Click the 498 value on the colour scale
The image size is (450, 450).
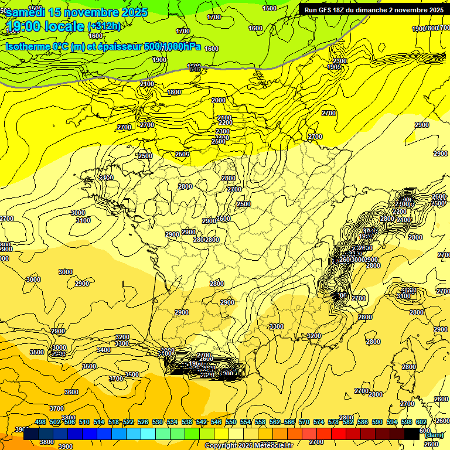(x=40, y=422)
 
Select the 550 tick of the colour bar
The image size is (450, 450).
(x=231, y=422)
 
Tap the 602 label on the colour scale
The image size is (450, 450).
(x=421, y=422)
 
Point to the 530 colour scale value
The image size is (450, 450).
(x=158, y=422)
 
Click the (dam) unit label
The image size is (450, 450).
(x=434, y=435)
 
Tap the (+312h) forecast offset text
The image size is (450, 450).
(x=104, y=26)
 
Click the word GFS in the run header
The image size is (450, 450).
(x=329, y=10)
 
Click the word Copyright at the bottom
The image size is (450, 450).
(x=221, y=446)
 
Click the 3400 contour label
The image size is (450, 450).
(x=104, y=350)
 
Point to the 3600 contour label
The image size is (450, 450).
(x=71, y=392)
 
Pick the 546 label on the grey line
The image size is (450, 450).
(x=195, y=70)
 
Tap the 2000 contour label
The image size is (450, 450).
(x=219, y=100)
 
